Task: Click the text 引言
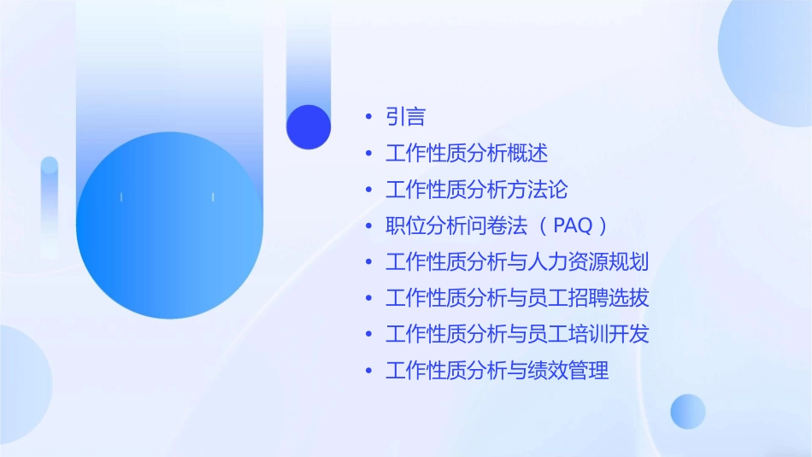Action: [x=405, y=117]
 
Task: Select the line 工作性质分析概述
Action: [x=467, y=154]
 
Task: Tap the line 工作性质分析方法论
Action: [x=476, y=190]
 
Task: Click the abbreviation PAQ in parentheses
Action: [x=571, y=226]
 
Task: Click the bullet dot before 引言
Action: [x=368, y=117]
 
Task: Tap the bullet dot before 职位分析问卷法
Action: [x=368, y=226]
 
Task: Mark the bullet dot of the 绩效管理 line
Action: [x=368, y=371]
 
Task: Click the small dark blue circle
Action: [x=309, y=126]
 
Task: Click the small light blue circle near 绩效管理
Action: [x=688, y=411]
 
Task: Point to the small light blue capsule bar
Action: [x=50, y=205]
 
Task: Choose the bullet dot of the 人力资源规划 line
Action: [x=368, y=262]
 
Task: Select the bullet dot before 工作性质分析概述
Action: [x=368, y=154]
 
